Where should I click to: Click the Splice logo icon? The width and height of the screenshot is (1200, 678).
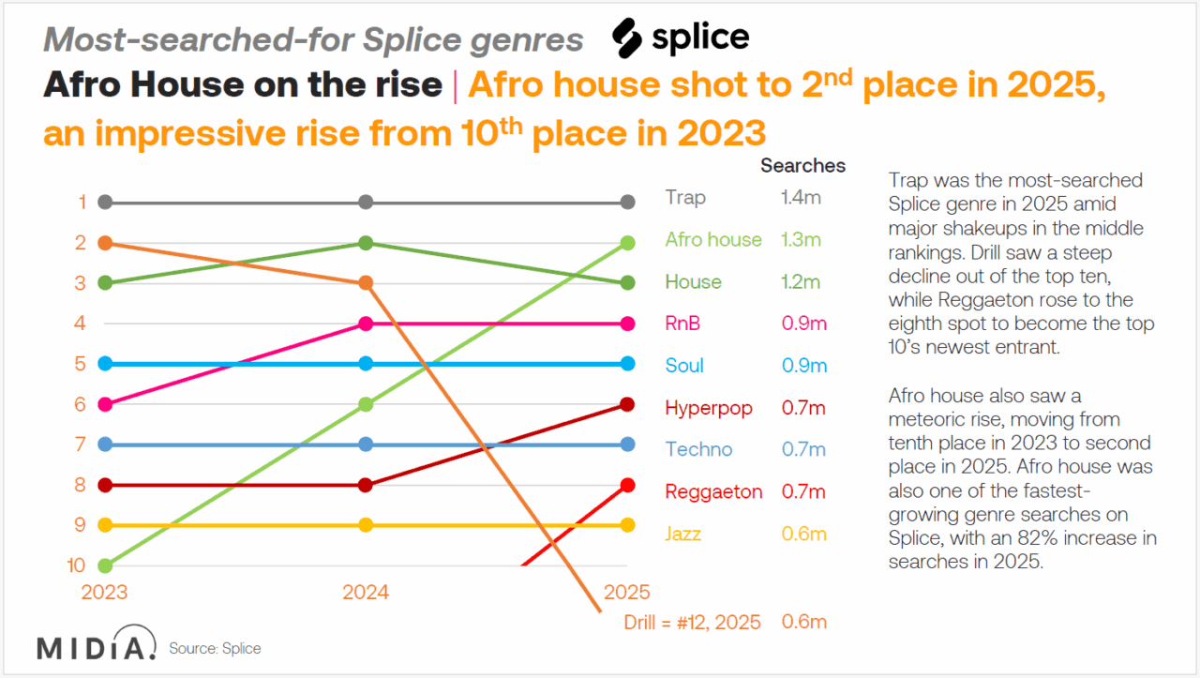[626, 38]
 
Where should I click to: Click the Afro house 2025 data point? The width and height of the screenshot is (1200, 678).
[628, 243]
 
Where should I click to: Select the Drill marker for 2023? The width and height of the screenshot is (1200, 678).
[106, 243]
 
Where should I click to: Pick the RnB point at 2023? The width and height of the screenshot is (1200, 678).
[106, 404]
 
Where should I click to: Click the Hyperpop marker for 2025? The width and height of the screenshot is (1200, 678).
[628, 404]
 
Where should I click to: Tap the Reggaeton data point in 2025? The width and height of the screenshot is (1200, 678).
[628, 485]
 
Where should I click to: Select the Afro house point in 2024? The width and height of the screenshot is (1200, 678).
[367, 404]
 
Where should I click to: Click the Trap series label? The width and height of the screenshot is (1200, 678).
[685, 198]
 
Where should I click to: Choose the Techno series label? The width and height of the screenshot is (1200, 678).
[698, 450]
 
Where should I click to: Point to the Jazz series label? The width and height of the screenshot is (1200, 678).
[682, 535]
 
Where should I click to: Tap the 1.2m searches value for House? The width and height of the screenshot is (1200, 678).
[801, 282]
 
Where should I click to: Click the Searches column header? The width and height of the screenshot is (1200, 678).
[802, 166]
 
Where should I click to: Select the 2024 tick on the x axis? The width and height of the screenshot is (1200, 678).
[366, 593]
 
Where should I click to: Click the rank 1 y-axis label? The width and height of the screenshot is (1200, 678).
[82, 202]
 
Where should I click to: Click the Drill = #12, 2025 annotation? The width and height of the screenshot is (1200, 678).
[692, 622]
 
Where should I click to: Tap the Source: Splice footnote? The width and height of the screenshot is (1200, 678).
[215, 648]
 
